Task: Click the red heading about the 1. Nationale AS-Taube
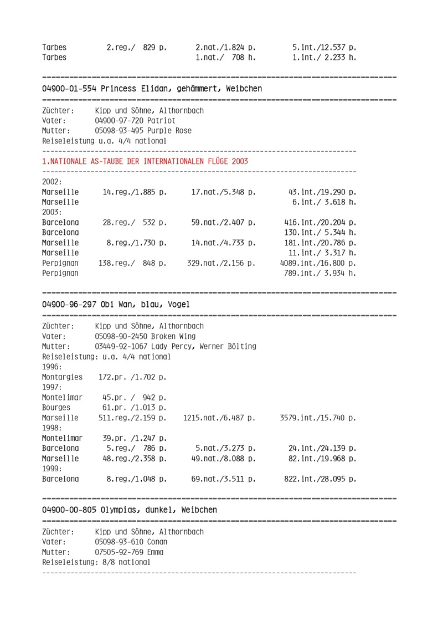[x=145, y=162]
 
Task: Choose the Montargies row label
[x=62, y=377]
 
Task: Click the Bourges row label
[x=56, y=409]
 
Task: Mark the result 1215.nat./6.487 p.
[x=219, y=419]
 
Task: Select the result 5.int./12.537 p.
[x=324, y=47]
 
